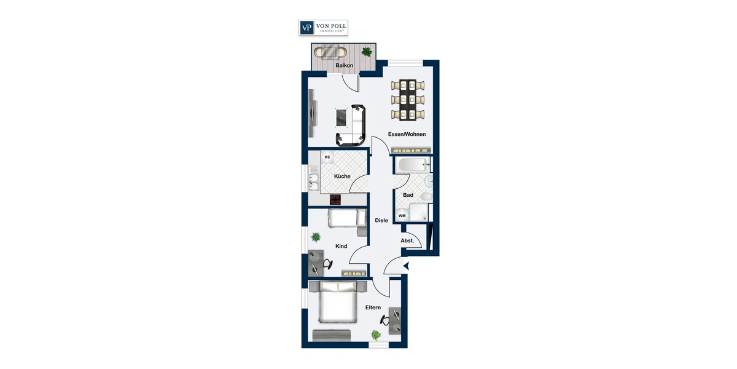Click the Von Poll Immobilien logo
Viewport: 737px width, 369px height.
pos(324,28)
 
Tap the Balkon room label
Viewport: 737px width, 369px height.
pos(344,65)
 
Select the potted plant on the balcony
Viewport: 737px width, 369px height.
pos(367,52)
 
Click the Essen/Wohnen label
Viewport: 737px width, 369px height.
pos(407,134)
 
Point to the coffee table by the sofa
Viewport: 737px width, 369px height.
pos(341,116)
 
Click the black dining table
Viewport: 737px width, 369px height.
pos(407,100)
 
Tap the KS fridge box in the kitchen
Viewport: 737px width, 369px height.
pos(327,157)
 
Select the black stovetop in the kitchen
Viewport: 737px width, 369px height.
pos(335,199)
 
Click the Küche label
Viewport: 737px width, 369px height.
pos(342,177)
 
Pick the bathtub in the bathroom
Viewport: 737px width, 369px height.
pos(412,165)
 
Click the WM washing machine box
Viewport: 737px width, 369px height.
pos(402,216)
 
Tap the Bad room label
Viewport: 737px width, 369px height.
pos(408,195)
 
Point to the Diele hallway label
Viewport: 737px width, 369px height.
pos(381,220)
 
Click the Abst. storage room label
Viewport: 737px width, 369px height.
pos(407,240)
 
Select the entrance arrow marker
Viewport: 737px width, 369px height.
pos(405,266)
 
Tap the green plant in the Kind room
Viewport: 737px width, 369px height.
pos(316,236)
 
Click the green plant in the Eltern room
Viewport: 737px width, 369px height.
pos(375,335)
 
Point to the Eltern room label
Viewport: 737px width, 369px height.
pos(373,307)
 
